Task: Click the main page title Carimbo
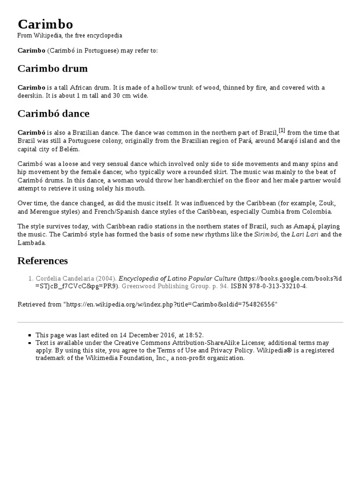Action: [x=45, y=24]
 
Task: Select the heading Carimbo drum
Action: [x=52, y=68]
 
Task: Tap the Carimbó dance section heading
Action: [x=53, y=113]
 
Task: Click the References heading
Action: [x=43, y=261]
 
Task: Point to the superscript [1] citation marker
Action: [x=282, y=130]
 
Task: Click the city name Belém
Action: [x=69, y=149]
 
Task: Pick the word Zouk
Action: [x=327, y=203]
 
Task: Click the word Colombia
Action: [x=315, y=211]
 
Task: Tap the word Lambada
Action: [x=32, y=243]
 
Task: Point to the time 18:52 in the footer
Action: [x=194, y=335]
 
